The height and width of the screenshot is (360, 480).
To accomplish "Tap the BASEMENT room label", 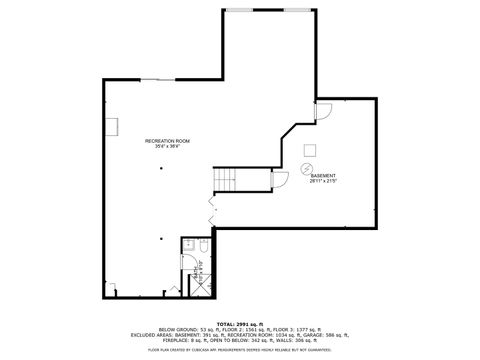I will pyautogui.click(x=322, y=175).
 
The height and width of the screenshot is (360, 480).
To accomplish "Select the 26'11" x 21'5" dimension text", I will pyautogui.click(x=322, y=181).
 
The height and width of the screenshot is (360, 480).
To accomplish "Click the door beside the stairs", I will pyautogui.click(x=280, y=179).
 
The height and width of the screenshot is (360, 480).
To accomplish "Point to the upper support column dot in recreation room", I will pyautogui.click(x=160, y=169).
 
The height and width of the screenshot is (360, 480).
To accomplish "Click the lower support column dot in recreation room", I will pyautogui.click(x=160, y=238).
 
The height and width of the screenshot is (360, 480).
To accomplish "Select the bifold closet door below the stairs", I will pyautogui.click(x=211, y=207).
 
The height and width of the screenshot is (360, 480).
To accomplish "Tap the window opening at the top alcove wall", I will pyautogui.click(x=251, y=9).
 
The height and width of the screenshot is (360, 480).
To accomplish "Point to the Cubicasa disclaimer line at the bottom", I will pyautogui.click(x=240, y=350).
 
